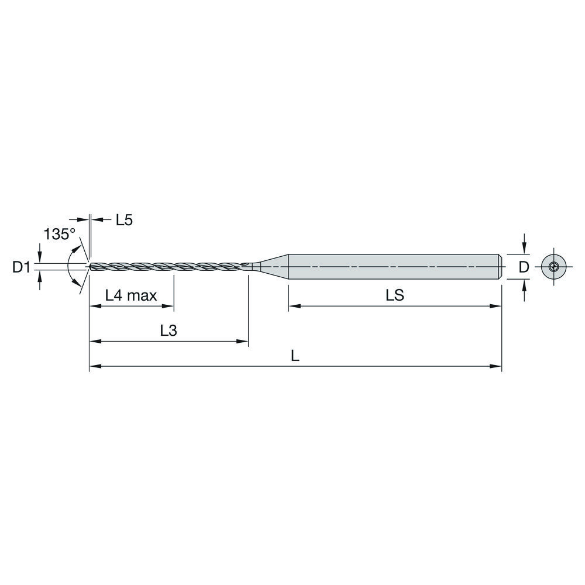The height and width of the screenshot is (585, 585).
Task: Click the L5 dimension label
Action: [x=124, y=221]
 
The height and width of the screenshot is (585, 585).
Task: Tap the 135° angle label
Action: [x=60, y=235]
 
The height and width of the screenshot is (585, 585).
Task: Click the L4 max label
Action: [x=131, y=296]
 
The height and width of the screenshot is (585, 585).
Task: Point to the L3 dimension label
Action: [x=168, y=331]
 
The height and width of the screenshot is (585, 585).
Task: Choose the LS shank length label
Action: [x=395, y=296]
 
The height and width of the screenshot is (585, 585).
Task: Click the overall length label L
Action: [x=295, y=356]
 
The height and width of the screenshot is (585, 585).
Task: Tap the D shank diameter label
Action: [x=524, y=267]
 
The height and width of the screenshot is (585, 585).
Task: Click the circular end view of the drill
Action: [x=553, y=267]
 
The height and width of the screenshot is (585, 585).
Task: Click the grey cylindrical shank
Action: [x=392, y=267]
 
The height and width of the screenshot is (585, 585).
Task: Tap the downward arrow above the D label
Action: [x=525, y=249]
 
